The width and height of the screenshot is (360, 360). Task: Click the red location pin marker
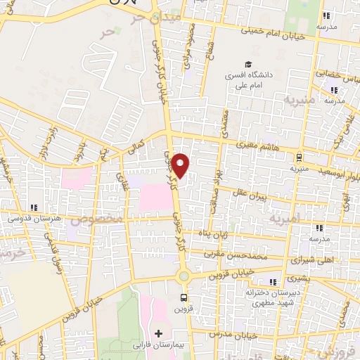tap(181, 165)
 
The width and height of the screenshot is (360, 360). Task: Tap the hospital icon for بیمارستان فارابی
tap(157, 333)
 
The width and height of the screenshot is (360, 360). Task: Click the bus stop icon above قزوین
tap(184, 297)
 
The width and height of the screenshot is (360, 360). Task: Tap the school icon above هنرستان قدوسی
tap(34, 207)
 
